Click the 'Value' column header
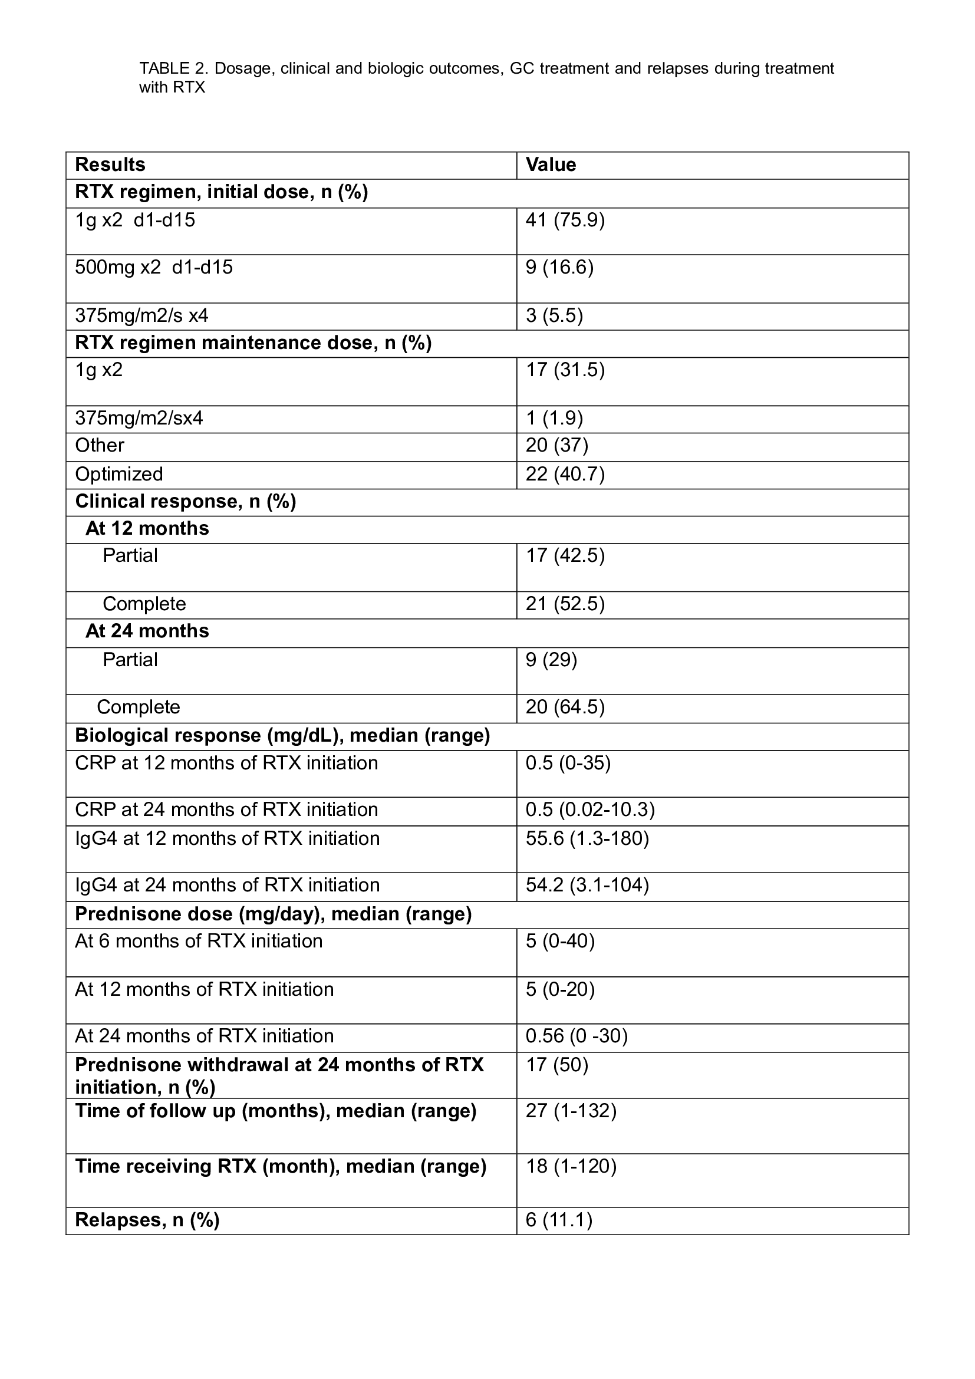pyautogui.click(x=551, y=164)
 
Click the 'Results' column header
pyautogui.click(x=110, y=164)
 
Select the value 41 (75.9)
pyautogui.click(x=565, y=220)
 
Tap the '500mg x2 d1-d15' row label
pyautogui.click(x=154, y=267)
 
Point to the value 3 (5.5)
pyautogui.click(x=554, y=316)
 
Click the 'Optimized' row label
pyautogui.click(x=119, y=474)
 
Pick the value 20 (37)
pyautogui.click(x=556, y=445)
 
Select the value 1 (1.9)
pyautogui.click(x=554, y=418)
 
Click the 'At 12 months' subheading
pyautogui.click(x=147, y=528)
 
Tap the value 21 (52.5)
pyautogui.click(x=565, y=604)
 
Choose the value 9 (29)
pyautogui.click(x=551, y=660)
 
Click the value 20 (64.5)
pyautogui.click(x=565, y=707)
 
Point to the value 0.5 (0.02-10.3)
pyautogui.click(x=590, y=809)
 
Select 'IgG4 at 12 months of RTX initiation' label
pyautogui.click(x=227, y=838)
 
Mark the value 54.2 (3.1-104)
pyautogui.click(x=587, y=886)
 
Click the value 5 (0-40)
pyautogui.click(x=560, y=941)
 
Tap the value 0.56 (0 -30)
pyautogui.click(x=577, y=1036)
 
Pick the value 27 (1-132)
pyautogui.click(x=571, y=1111)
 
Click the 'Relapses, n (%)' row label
pyautogui.click(x=147, y=1220)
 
